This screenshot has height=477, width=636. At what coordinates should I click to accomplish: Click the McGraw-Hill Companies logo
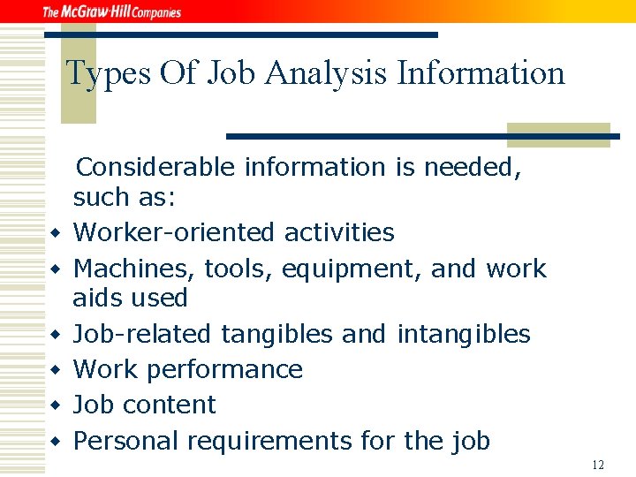pyautogui.click(x=111, y=11)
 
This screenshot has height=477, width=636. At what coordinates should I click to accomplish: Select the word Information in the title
pyautogui.click(x=481, y=73)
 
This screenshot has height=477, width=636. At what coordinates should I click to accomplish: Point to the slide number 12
pyautogui.click(x=598, y=465)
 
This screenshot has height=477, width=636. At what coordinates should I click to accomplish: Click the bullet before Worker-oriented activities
pyautogui.click(x=55, y=234)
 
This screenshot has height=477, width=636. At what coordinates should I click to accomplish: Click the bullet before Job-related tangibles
pyautogui.click(x=55, y=336)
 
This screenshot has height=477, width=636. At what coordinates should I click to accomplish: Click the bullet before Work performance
pyautogui.click(x=55, y=371)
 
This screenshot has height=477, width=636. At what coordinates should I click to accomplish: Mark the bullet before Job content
pyautogui.click(x=55, y=406)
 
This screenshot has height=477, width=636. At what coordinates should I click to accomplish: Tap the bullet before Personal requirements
pyautogui.click(x=55, y=442)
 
